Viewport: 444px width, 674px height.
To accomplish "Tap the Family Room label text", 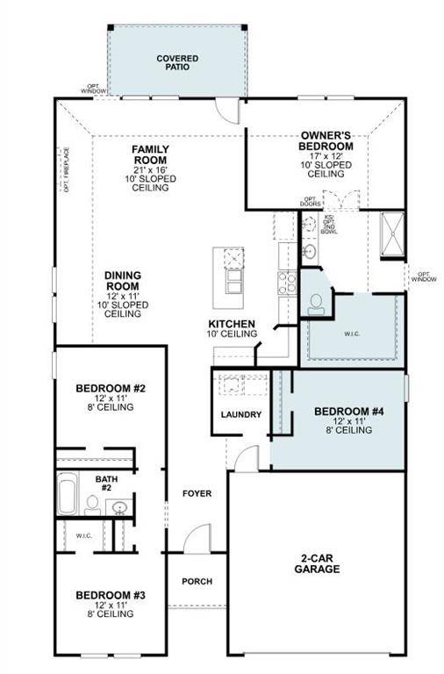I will click(150, 155).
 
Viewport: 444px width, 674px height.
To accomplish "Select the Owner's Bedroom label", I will click(326, 140).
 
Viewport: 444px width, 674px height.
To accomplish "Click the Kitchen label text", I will click(232, 324).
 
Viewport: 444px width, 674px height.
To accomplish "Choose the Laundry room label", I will click(240, 414).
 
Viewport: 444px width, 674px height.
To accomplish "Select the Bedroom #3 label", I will click(110, 595).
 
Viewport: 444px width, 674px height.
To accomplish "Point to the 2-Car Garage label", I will click(318, 563).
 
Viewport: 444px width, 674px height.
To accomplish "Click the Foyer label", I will click(197, 493).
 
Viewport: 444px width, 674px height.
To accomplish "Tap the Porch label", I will click(197, 581).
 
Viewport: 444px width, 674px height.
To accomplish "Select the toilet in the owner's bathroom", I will click(315, 302).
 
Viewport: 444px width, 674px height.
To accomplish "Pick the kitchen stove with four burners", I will click(286, 283).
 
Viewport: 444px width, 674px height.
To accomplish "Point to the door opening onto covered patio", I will click(229, 111).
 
